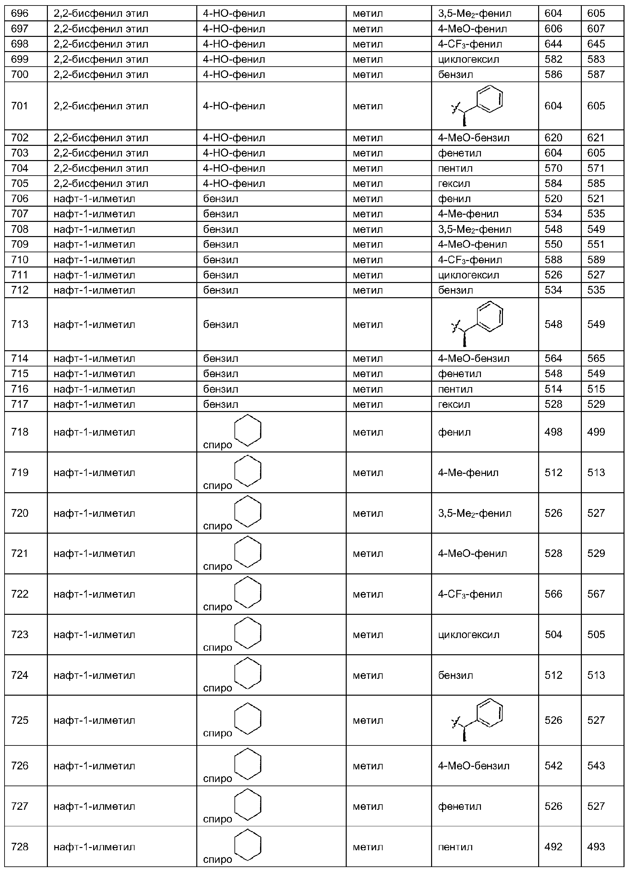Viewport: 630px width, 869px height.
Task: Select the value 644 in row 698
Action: [x=553, y=44]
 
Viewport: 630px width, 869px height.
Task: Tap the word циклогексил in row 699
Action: [x=468, y=60]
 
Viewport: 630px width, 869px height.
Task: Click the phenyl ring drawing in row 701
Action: [x=489, y=99]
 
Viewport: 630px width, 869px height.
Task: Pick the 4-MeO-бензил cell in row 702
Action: [x=474, y=138]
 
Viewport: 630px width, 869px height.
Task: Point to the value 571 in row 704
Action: [x=596, y=168]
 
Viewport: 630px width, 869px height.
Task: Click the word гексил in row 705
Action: [x=454, y=183]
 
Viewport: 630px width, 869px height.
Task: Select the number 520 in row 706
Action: [x=553, y=199]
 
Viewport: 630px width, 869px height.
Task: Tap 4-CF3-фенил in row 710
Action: [x=470, y=260]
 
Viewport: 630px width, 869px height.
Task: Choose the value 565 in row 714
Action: [x=596, y=358]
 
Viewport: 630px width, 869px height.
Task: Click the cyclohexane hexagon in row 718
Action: [x=248, y=430]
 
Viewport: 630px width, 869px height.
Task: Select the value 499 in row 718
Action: [x=596, y=432]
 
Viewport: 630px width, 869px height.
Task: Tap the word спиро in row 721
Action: [x=217, y=566]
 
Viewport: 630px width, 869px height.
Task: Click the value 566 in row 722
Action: [x=553, y=594]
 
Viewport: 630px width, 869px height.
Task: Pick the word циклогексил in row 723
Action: [x=468, y=635]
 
